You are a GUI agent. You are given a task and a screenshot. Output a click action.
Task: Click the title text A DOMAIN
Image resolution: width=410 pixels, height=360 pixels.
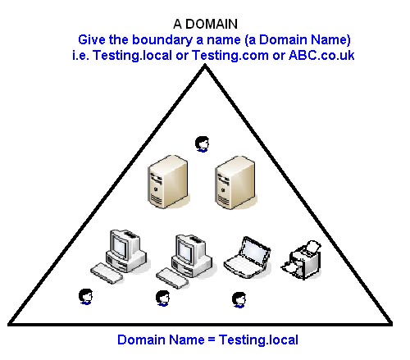[x=205, y=24]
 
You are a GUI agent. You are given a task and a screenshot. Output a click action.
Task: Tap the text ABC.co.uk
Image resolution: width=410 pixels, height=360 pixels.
[x=321, y=56]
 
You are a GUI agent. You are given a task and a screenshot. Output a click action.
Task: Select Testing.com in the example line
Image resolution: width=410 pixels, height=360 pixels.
[x=230, y=56]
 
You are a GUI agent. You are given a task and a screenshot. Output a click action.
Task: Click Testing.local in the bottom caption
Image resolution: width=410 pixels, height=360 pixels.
[x=258, y=339]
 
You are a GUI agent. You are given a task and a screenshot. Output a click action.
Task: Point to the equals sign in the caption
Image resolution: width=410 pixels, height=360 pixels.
[x=212, y=340]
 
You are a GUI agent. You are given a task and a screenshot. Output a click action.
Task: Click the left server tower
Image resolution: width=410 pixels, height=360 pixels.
[x=168, y=182]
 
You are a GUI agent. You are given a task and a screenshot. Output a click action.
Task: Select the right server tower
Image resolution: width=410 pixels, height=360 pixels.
[x=235, y=183]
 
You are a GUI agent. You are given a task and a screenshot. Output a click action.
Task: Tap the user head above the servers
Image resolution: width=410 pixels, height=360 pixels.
[x=203, y=144]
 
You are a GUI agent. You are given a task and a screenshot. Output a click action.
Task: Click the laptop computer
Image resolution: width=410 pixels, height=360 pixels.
[x=247, y=257]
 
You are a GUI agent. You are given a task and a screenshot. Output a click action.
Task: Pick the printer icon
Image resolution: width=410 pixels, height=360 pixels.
[x=302, y=260]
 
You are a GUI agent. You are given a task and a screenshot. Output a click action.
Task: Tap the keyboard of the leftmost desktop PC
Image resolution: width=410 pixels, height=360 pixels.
[x=107, y=273]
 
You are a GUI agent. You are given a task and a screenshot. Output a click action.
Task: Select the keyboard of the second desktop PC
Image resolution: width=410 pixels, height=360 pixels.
[x=172, y=278]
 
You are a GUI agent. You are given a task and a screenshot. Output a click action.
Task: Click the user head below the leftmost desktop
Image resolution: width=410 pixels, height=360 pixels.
[x=86, y=297]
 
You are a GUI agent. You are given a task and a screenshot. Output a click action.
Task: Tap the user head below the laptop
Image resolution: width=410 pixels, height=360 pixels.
[x=239, y=300]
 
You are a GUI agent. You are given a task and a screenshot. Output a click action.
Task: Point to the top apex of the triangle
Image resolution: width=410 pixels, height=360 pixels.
[x=205, y=66]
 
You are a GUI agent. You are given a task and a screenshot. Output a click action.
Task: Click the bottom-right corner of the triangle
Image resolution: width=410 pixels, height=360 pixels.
[x=391, y=324]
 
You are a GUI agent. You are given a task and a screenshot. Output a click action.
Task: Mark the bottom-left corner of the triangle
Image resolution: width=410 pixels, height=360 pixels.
[x=9, y=324]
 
